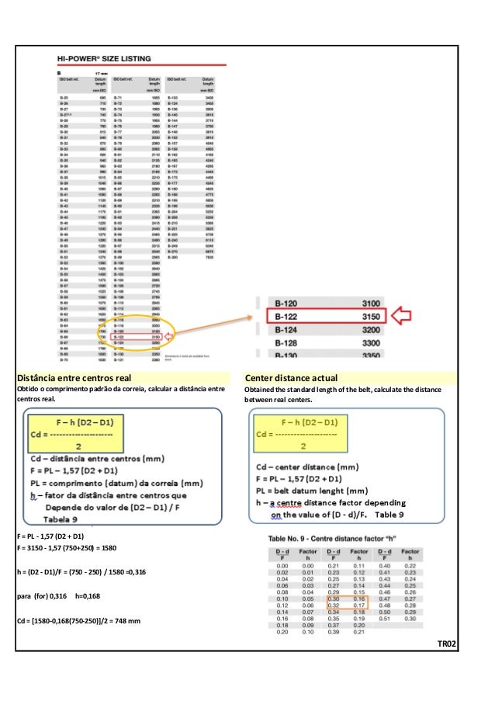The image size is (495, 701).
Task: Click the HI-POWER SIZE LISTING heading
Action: [x=104, y=58]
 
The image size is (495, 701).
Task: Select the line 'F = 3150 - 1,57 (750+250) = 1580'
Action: [x=66, y=548]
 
